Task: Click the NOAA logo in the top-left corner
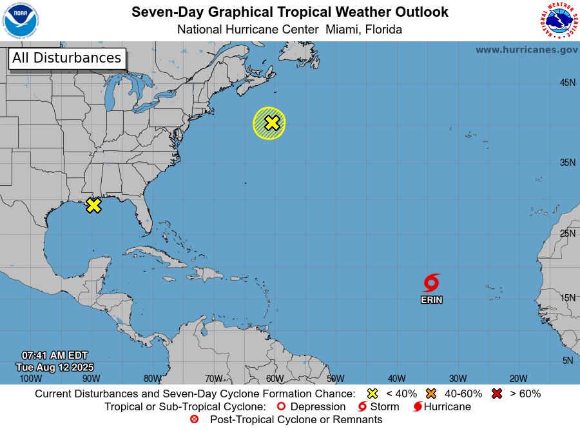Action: pyautogui.click(x=21, y=21)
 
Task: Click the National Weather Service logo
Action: pyautogui.click(x=558, y=21)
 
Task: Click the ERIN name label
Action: pyautogui.click(x=432, y=300)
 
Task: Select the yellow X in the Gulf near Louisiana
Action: pyautogui.click(x=94, y=205)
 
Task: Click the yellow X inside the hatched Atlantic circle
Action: pyautogui.click(x=272, y=123)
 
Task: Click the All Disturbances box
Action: pyautogui.click(x=67, y=58)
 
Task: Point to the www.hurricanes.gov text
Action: pyautogui.click(x=527, y=50)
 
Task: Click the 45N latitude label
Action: pyautogui.click(x=567, y=83)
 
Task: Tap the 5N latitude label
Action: pyautogui.click(x=567, y=361)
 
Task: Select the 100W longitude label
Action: pyautogui.click(x=30, y=379)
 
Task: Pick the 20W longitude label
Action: pyautogui.click(x=518, y=379)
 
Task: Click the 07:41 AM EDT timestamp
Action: pyautogui.click(x=55, y=355)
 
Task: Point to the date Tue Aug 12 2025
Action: pyautogui.click(x=55, y=367)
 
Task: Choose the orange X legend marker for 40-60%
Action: pyautogui.click(x=431, y=394)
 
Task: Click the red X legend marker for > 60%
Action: pyautogui.click(x=496, y=394)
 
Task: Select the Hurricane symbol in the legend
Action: pyautogui.click(x=418, y=407)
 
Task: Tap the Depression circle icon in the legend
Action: pyautogui.click(x=280, y=407)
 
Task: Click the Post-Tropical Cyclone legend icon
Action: pyautogui.click(x=195, y=420)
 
